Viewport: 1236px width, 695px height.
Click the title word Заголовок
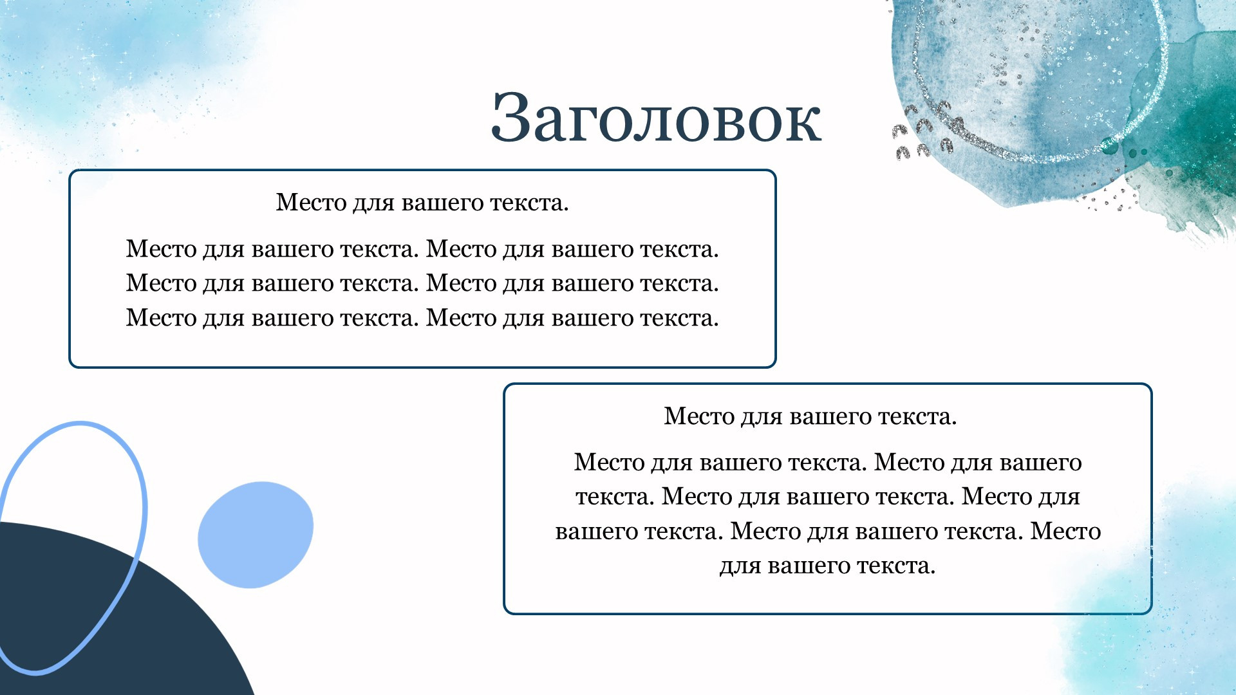[656, 117]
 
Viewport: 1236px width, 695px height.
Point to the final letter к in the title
[802, 124]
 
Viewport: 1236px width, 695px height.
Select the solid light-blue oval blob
[256, 535]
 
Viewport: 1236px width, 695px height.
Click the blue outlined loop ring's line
[144, 508]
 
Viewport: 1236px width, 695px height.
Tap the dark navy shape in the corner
[97, 618]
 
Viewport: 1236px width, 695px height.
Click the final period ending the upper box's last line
[715, 326]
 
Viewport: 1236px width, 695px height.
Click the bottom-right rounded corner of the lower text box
[1147, 609]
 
